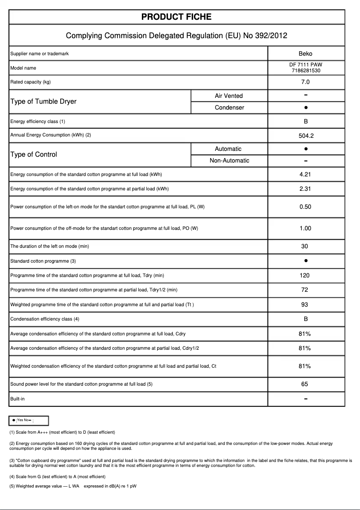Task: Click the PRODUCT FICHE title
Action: pyautogui.click(x=176, y=17)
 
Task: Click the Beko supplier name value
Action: pyautogui.click(x=305, y=53)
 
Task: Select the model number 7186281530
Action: pyautogui.click(x=305, y=70)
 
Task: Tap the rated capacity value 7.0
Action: pyautogui.click(x=305, y=82)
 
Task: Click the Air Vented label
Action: pyautogui.click(x=228, y=96)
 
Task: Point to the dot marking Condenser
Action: pyautogui.click(x=305, y=108)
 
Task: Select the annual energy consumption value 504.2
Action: pyautogui.click(x=305, y=136)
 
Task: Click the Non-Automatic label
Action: pyautogui.click(x=229, y=161)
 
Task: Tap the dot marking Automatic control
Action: pyautogui.click(x=305, y=149)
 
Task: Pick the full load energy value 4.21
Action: pyautogui.click(x=305, y=175)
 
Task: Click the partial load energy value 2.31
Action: pyautogui.click(x=305, y=189)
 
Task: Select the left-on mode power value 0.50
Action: pyautogui.click(x=305, y=207)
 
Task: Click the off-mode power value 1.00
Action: pyautogui.click(x=305, y=229)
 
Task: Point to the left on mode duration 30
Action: pyautogui.click(x=305, y=246)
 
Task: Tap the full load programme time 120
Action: pyautogui.click(x=305, y=276)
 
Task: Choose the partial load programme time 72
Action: pyautogui.click(x=305, y=290)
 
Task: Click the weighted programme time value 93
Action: pyautogui.click(x=305, y=305)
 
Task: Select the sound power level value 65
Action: pyautogui.click(x=305, y=384)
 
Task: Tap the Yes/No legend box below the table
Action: pyautogui.click(x=29, y=420)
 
